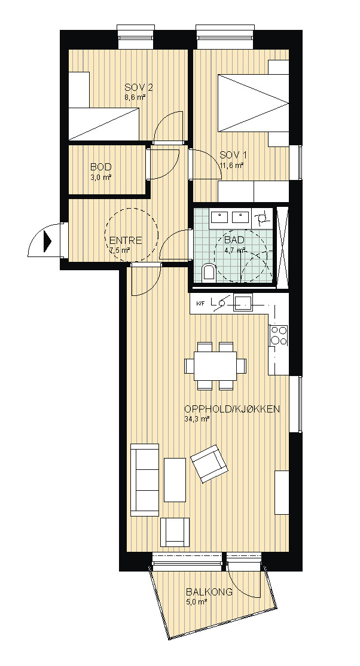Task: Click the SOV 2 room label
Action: tap(139, 88)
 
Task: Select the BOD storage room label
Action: tap(100, 167)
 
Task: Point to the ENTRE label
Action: tap(126, 240)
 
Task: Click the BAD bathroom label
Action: tap(234, 240)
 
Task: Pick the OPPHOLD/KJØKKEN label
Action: tap(231, 410)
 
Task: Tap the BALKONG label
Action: tap(209, 592)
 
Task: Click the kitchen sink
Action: tap(243, 303)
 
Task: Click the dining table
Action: tap(215, 366)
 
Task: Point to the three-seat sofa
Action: tap(145, 480)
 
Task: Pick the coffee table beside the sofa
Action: tap(175, 480)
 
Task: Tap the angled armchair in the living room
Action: tap(209, 464)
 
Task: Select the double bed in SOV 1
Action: tap(254, 103)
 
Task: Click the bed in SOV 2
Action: tap(103, 124)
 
